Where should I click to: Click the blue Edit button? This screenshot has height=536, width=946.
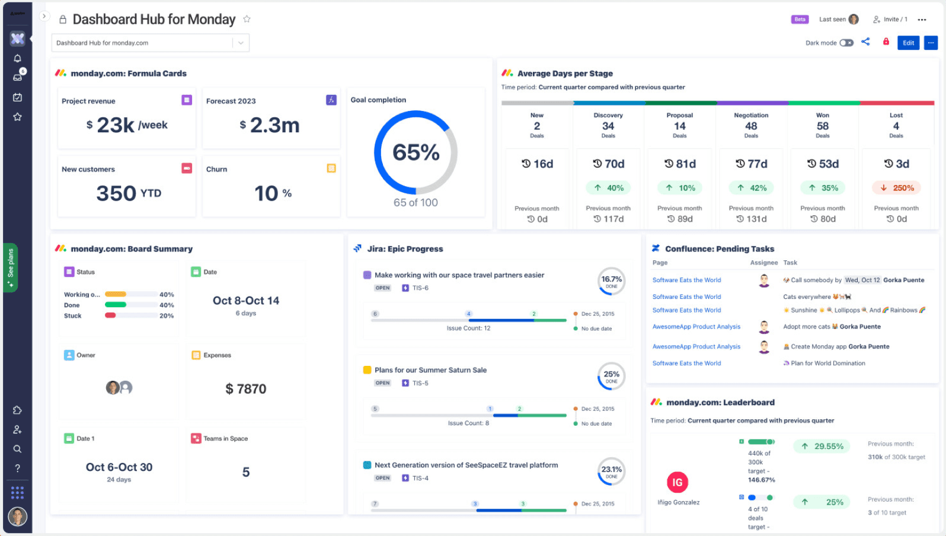tap(908, 43)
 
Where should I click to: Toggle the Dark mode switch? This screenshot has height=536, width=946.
tap(846, 43)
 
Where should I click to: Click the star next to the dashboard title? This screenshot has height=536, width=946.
tap(247, 19)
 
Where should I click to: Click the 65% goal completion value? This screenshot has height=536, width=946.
tap(416, 152)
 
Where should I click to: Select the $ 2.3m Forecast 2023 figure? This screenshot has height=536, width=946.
tap(270, 125)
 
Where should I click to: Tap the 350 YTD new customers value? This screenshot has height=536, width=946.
tap(128, 193)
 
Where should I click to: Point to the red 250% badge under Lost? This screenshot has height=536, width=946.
tap(896, 188)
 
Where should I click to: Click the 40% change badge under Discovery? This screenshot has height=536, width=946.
tap(609, 188)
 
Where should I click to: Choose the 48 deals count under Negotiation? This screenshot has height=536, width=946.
tap(751, 126)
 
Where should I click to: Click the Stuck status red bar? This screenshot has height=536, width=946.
tap(110, 315)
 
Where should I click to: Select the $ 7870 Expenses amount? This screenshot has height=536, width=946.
tap(246, 389)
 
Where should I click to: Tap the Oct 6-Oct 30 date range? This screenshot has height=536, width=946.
tap(119, 467)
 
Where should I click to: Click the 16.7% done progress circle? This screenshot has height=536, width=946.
tap(611, 281)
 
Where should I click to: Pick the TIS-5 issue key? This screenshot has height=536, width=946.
tap(420, 383)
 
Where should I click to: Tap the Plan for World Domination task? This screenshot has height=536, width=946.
tap(827, 363)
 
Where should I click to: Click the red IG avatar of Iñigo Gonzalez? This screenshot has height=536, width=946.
tap(677, 483)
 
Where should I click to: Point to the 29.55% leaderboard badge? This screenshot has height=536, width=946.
tap(822, 446)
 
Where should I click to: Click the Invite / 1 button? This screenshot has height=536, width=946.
tap(890, 20)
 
